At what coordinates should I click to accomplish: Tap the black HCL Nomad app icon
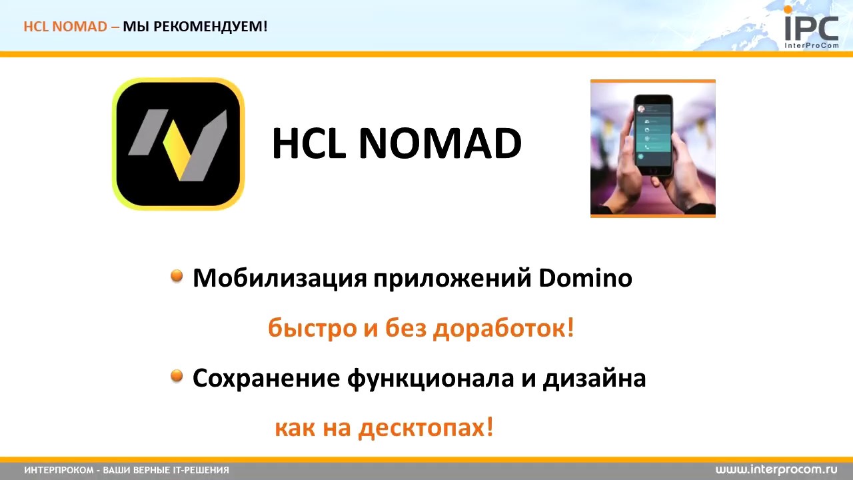[x=179, y=144]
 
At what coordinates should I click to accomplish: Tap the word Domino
[x=585, y=278]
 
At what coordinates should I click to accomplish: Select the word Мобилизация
[x=280, y=278]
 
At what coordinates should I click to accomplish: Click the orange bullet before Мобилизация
[x=177, y=276]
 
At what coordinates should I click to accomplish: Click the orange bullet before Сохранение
[x=177, y=377]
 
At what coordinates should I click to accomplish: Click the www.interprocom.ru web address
[x=776, y=470]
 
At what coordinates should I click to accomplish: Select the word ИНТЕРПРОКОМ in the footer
[x=59, y=471]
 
